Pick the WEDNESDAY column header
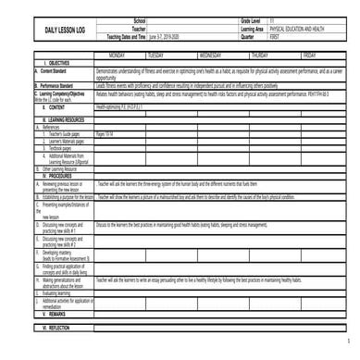222,56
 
